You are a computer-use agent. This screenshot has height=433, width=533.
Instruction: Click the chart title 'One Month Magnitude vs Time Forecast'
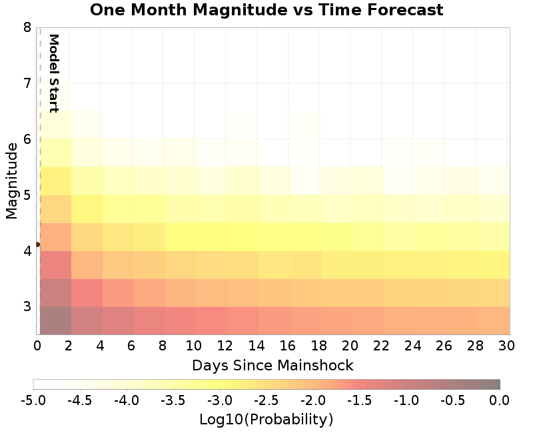coord(266,10)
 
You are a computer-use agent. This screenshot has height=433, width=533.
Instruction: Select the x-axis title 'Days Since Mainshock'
coord(272,365)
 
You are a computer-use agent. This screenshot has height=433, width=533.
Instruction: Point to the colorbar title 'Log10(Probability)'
coord(266,420)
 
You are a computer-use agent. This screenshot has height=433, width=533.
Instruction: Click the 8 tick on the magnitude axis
coord(27,27)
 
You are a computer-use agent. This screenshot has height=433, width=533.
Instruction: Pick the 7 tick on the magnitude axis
coord(27,83)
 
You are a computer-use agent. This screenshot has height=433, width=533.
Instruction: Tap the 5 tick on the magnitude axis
coord(27,195)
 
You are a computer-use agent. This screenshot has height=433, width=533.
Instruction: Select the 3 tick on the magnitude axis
coord(27,307)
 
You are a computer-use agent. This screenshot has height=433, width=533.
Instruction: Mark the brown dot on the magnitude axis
coord(37,244)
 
